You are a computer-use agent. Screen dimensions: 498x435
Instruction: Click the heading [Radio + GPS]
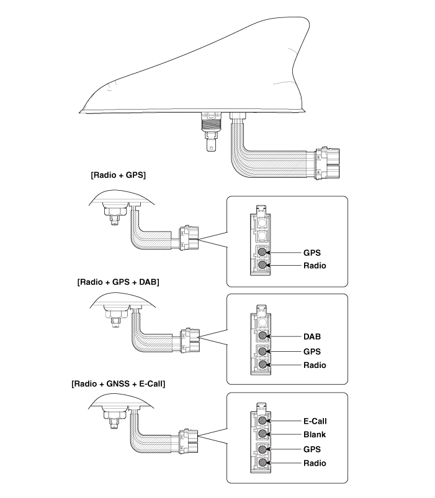(118, 175)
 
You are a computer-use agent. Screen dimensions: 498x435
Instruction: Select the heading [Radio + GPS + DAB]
(118, 282)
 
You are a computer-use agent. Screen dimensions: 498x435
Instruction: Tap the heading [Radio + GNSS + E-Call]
(119, 383)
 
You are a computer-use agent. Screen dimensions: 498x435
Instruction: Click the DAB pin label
(313, 337)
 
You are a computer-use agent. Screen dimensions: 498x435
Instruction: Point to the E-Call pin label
(315, 421)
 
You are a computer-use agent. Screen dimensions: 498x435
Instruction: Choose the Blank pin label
(315, 435)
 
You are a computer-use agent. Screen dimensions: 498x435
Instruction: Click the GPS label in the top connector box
(313, 253)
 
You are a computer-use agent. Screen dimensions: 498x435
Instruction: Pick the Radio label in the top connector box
(315, 266)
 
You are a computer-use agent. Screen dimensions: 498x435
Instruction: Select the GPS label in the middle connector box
(313, 351)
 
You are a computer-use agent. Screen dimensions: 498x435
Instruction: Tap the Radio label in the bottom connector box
(315, 463)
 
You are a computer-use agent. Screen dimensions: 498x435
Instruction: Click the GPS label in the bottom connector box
(313, 449)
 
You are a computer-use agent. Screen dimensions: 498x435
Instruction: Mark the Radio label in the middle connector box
(315, 365)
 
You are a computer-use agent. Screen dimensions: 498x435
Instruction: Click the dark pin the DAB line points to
(263, 336)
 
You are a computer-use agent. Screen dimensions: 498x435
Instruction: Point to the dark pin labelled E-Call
(263, 421)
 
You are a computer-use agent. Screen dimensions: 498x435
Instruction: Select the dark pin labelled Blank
(263, 435)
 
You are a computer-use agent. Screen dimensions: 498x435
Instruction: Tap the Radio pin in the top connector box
(263, 265)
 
